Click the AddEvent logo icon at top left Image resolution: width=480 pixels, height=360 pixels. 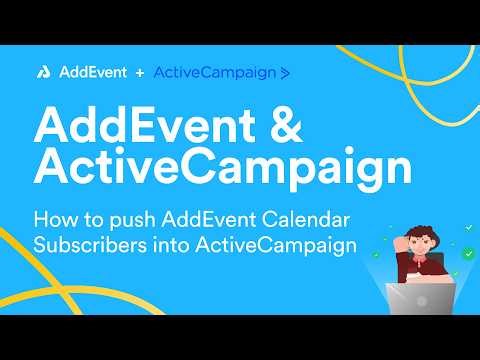[45, 72]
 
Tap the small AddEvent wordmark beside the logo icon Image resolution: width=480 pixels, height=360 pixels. [89, 72]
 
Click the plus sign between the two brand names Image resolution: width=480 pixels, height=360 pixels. [139, 72]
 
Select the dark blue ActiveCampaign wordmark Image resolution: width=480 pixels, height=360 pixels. [214, 72]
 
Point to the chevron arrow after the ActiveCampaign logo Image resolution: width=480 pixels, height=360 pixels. [286, 73]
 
